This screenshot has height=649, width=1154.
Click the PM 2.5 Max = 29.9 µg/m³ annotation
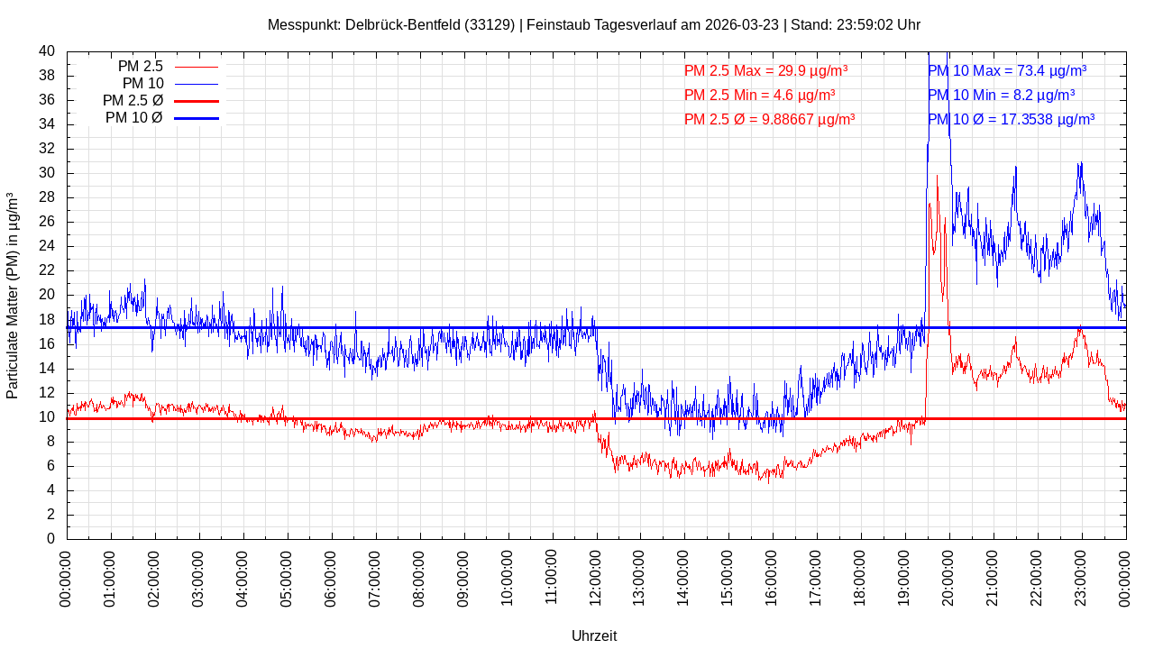[765, 70]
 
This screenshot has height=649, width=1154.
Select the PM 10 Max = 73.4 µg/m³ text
[1007, 70]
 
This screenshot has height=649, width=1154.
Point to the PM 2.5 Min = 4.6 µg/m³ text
[759, 95]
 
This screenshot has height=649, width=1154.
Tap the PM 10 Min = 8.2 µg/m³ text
[1001, 95]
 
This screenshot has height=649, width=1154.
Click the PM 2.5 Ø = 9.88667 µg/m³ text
[769, 119]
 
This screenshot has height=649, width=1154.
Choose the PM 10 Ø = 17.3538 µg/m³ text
[1011, 119]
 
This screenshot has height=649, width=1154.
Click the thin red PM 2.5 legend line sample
[196, 67]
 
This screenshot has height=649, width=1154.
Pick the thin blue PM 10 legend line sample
[196, 84]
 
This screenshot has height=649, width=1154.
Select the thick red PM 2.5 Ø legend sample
[196, 101]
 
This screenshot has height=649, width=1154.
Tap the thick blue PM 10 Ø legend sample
[196, 118]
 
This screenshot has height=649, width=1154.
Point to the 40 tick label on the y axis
[47, 51]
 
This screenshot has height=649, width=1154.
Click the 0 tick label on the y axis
[50, 539]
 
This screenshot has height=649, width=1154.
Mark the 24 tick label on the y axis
[47, 246]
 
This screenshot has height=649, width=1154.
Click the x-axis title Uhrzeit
[594, 635]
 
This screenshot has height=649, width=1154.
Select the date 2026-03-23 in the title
[744, 24]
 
